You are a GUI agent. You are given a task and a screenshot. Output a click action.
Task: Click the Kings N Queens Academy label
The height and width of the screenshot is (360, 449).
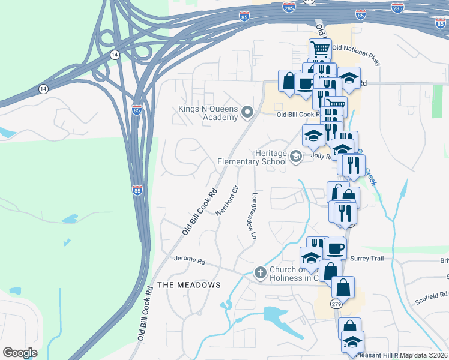click(208, 113)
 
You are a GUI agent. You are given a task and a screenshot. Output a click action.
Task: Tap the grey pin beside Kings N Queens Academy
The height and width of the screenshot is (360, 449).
click(247, 112)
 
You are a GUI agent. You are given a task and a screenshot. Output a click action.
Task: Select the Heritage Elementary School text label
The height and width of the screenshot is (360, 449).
click(252, 157)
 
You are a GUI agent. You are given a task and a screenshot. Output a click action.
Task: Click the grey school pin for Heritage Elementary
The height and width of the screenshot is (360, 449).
click(295, 157)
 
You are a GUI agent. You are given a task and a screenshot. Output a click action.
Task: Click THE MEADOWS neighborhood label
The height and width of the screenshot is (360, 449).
click(188, 284)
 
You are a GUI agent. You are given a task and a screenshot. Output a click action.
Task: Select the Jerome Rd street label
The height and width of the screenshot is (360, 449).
click(189, 262)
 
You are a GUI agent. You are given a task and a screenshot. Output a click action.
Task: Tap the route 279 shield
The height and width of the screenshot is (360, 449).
click(337, 305)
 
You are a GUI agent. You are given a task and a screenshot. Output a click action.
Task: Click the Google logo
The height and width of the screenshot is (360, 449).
click(20, 353)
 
